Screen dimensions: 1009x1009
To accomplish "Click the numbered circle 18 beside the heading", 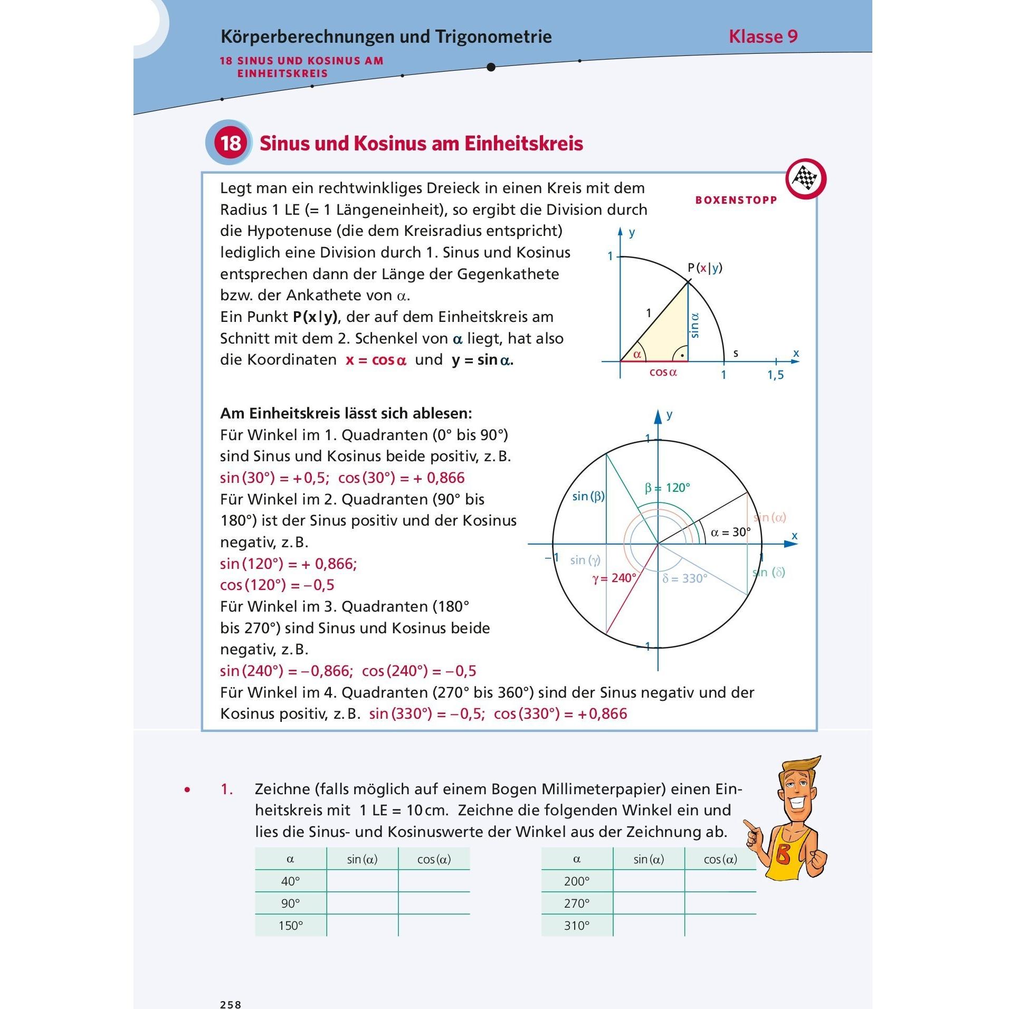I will click(231, 143).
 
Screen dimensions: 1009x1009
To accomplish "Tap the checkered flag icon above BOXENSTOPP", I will click(805, 179).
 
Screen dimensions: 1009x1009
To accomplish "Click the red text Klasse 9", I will click(763, 36).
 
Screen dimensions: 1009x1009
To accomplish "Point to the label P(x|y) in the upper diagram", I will click(705, 268).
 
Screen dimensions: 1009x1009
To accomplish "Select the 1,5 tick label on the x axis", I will click(775, 375).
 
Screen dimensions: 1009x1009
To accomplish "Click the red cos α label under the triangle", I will click(663, 373).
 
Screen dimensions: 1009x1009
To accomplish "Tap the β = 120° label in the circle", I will click(667, 488).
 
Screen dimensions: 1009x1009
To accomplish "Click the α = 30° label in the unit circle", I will click(730, 532).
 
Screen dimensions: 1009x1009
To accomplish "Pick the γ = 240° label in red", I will click(614, 578).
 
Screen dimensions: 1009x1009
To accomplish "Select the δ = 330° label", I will click(684, 579).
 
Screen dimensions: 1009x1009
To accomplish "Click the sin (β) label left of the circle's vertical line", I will click(588, 496).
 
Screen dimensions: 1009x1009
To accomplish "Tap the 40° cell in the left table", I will click(290, 881).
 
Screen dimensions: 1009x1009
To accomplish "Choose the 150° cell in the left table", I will click(290, 925).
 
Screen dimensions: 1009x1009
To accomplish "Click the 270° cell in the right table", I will click(576, 903).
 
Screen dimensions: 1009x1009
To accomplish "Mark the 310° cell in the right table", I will click(576, 925).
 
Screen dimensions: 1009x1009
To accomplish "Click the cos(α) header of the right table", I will click(720, 859).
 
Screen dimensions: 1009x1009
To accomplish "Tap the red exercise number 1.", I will click(226, 789).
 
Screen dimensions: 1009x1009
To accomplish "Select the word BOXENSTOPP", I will click(736, 200).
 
